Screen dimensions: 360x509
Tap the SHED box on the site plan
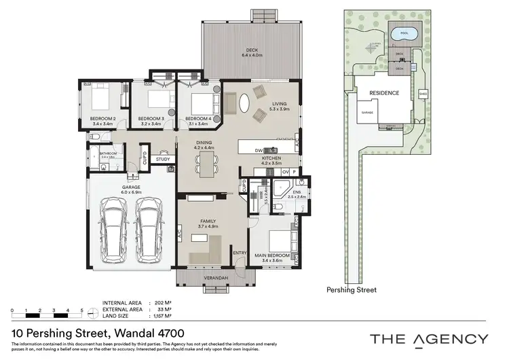tap(423, 93)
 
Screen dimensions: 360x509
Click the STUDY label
tap(163, 160)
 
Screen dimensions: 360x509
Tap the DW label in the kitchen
tap(259, 150)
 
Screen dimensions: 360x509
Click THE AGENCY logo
tap(428, 339)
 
